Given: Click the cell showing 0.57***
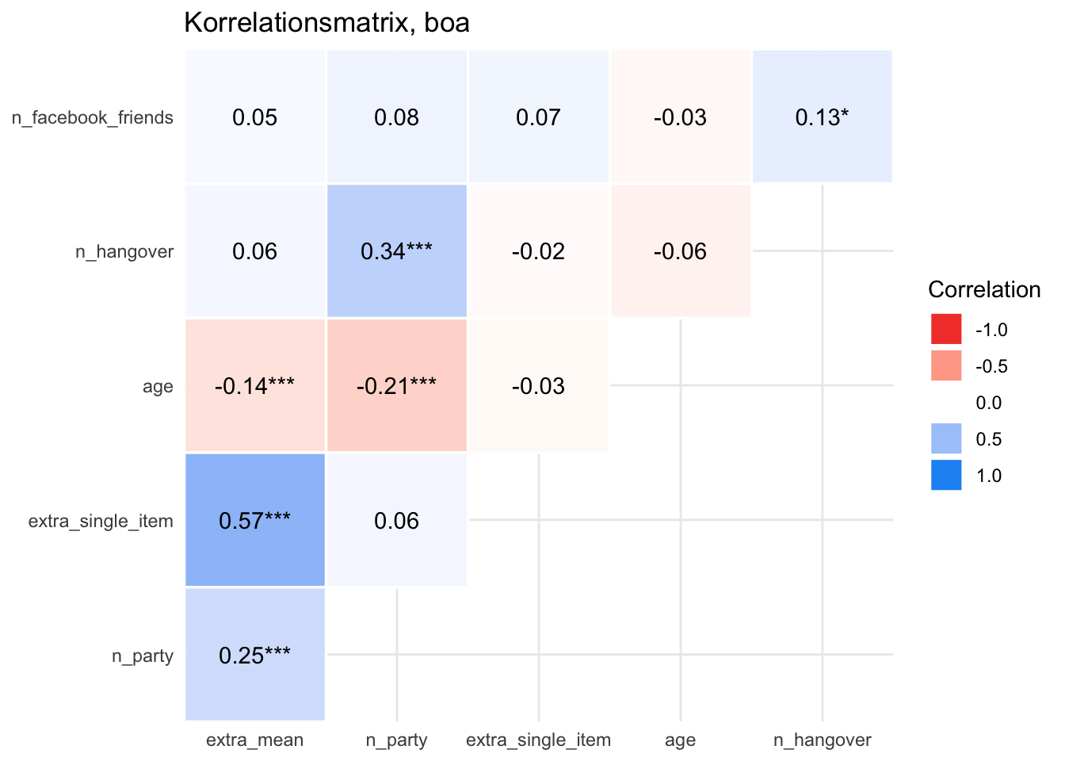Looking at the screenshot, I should click(x=255, y=521).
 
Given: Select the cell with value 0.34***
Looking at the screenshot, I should click(x=396, y=251).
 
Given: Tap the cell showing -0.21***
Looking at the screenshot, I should click(x=396, y=386).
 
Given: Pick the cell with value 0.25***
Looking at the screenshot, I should click(x=255, y=656).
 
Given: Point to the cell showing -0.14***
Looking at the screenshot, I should click(x=255, y=386).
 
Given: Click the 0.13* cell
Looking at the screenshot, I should click(x=823, y=117).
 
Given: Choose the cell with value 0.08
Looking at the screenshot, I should click(x=396, y=117).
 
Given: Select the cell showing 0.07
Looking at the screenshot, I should click(x=538, y=117).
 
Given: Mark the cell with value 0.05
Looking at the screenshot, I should click(x=255, y=117).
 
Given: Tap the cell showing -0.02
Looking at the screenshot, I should click(x=538, y=251).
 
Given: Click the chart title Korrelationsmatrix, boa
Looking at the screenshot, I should click(x=326, y=22).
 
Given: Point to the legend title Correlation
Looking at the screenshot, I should click(x=984, y=289).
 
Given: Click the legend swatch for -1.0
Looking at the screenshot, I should click(x=946, y=329).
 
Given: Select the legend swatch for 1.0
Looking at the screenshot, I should click(x=946, y=475).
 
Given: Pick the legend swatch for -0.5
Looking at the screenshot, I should click(x=946, y=365).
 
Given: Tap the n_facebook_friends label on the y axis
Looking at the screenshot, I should click(x=93, y=118).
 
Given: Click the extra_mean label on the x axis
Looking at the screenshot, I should click(x=254, y=740).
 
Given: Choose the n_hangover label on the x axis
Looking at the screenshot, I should click(x=823, y=740).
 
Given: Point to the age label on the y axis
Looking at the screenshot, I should click(x=158, y=387).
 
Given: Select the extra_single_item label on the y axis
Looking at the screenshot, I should click(x=101, y=522).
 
